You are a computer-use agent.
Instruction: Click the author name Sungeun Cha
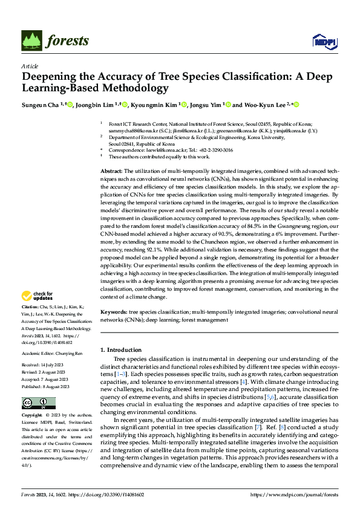[41, 105]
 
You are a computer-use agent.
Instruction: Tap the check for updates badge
[37, 296]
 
